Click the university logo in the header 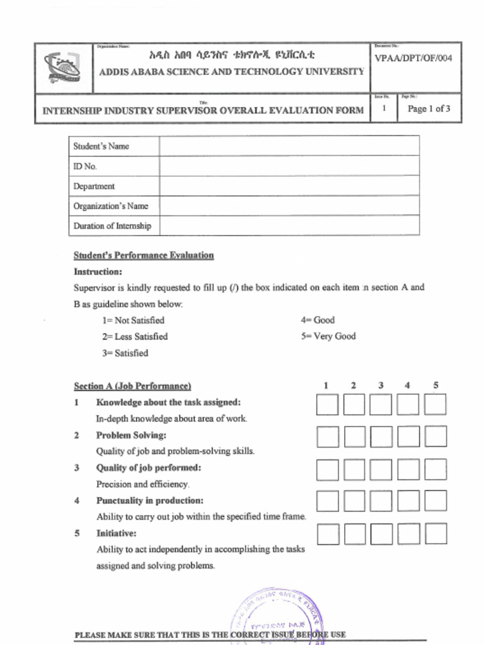tap(62, 68)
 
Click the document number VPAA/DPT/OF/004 tap(413, 59)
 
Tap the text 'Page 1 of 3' tap(429, 109)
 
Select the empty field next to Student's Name tap(289, 146)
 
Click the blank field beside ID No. tap(289, 166)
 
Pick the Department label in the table tap(94, 186)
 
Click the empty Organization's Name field tap(289, 206)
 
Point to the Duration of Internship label tap(112, 225)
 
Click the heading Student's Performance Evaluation tap(144, 255)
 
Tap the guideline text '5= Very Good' tap(328, 336)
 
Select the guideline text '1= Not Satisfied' tap(133, 320)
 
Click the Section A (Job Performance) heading tap(132, 386)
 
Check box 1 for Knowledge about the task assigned tap(327, 404)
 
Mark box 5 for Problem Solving tap(435, 437)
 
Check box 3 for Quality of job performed tap(381, 469)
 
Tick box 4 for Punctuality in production tap(408, 501)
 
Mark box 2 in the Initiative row tap(354, 534)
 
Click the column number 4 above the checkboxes tap(408, 385)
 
